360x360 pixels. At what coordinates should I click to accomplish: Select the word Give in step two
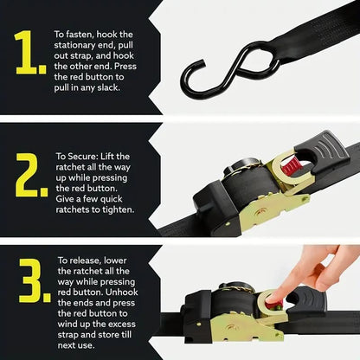(x=71, y=197)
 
